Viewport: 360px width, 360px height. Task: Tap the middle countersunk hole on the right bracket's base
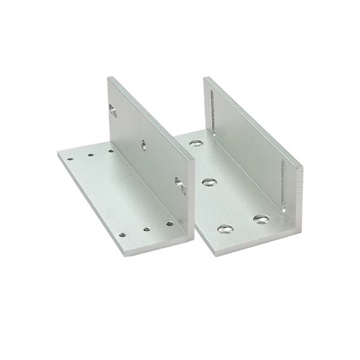coord(208,183)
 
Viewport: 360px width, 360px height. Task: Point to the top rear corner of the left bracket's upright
coord(109,77)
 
